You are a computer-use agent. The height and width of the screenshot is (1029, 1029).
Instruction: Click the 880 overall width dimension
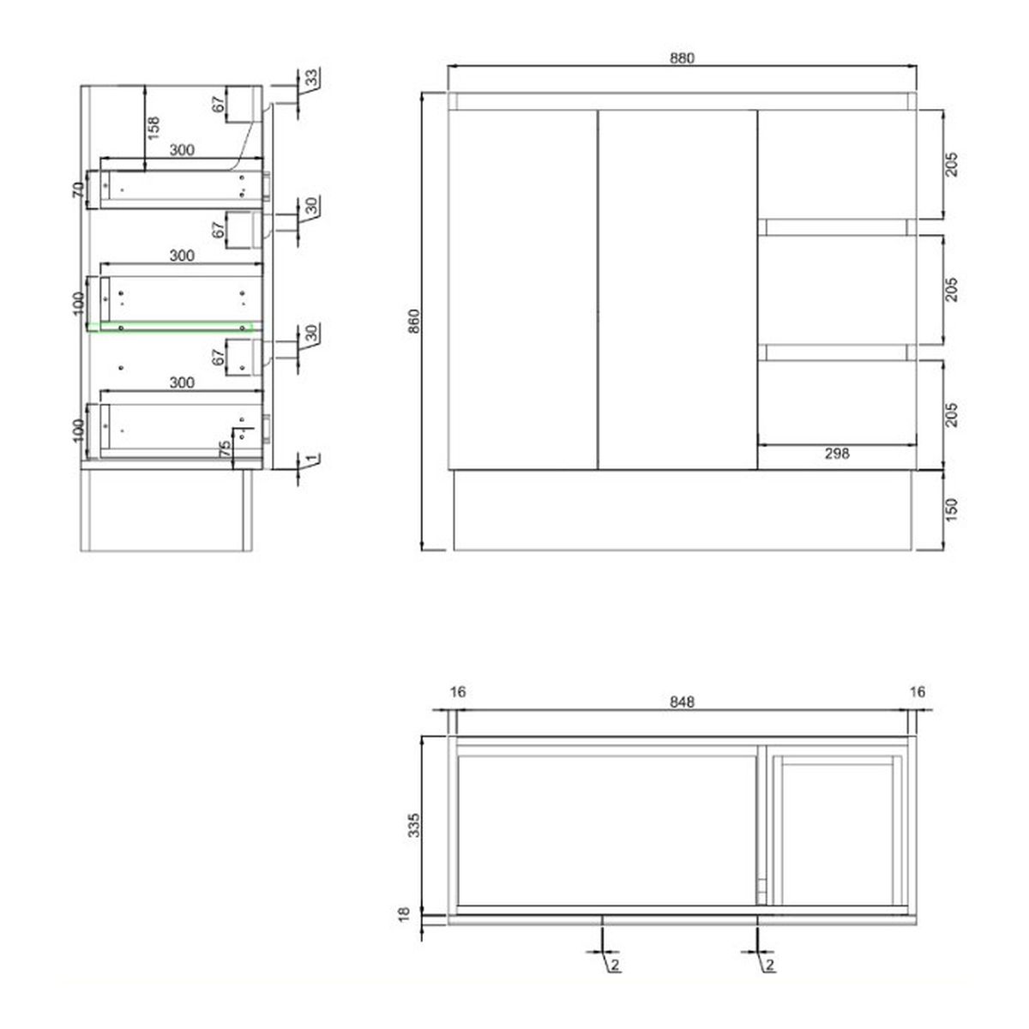click(681, 58)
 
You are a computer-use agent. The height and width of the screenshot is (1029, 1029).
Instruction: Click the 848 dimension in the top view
click(681, 701)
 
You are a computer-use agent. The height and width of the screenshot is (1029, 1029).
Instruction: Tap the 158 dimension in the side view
click(154, 126)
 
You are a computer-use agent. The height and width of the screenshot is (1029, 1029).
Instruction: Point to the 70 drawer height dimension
click(77, 190)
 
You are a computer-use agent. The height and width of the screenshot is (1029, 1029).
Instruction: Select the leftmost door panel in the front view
click(521, 289)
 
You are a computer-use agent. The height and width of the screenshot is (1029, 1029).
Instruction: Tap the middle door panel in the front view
click(677, 289)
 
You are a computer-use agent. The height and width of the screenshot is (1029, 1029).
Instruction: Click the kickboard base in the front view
click(682, 509)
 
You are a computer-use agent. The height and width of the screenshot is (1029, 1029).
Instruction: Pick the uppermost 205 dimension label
click(951, 164)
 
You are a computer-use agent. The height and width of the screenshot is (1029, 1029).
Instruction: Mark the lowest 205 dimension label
click(951, 414)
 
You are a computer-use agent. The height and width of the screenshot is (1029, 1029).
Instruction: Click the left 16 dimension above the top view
click(457, 692)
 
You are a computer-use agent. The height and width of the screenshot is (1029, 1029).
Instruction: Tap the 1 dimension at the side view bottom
click(314, 459)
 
